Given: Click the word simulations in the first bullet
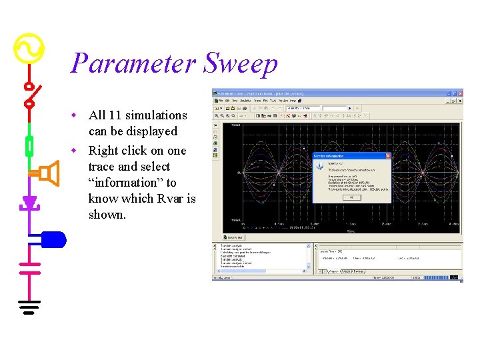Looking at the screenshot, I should click(157, 115).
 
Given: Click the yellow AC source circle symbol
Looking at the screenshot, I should click(29, 49).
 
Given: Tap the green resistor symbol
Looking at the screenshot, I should click(29, 145).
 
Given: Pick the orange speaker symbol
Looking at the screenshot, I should click(47, 174).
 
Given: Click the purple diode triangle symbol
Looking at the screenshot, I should click(29, 202).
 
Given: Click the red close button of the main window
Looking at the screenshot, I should click(458, 93).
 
